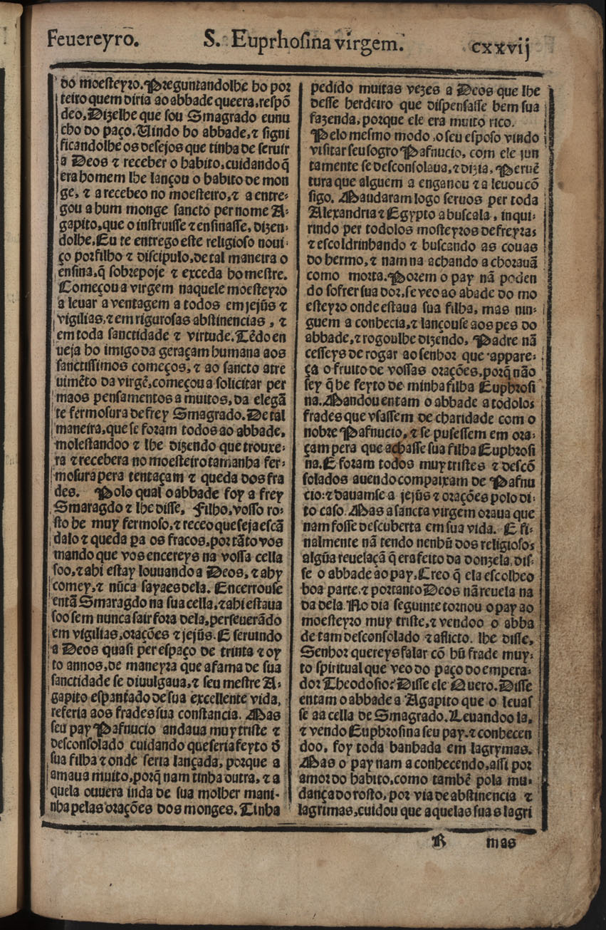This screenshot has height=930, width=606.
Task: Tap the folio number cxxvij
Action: (x=501, y=47)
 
